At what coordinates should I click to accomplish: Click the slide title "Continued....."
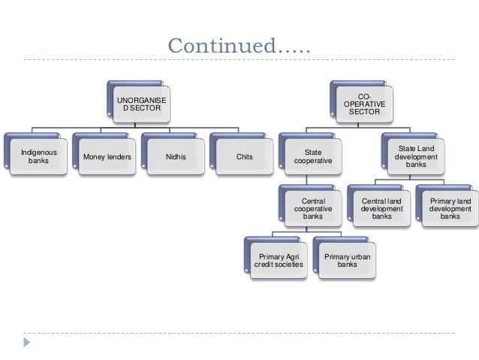coord(238,47)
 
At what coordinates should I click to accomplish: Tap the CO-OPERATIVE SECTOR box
coord(364,103)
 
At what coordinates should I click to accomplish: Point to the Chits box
coord(244,156)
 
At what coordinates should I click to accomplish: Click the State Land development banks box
coord(415,156)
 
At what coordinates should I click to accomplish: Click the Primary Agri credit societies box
coord(277,259)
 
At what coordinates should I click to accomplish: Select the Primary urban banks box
coord(347,259)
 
